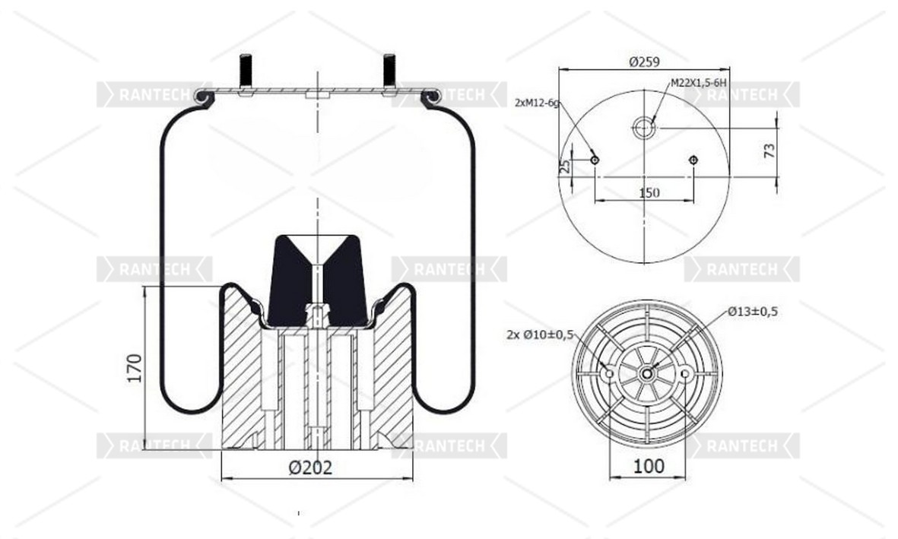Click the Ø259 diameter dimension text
[x=644, y=62]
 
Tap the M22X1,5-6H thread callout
[x=699, y=83]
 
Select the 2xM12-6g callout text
[x=537, y=103]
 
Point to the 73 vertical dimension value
[x=769, y=151]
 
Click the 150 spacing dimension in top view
[x=649, y=193]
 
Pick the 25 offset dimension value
[x=565, y=166]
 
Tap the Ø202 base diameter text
[x=310, y=468]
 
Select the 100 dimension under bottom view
[x=649, y=466]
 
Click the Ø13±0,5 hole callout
[x=753, y=312]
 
